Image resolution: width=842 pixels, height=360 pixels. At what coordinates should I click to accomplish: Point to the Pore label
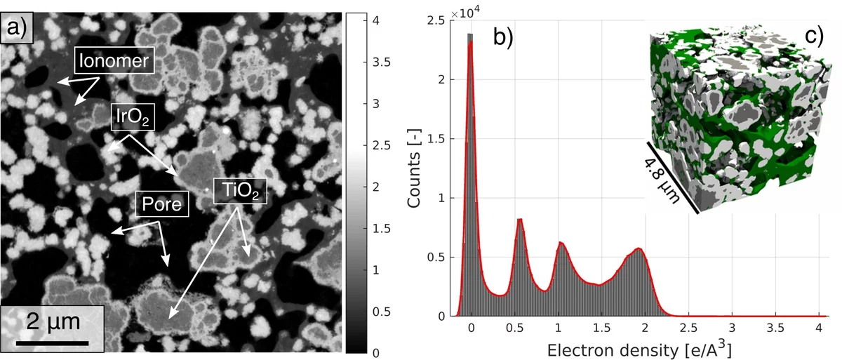tap(162, 205)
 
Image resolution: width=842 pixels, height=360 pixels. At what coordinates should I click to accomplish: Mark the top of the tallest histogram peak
tap(471, 35)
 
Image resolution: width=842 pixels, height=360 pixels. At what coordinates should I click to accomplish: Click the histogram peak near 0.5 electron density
tap(520, 220)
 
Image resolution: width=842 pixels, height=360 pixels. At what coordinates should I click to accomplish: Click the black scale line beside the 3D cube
tap(672, 175)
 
